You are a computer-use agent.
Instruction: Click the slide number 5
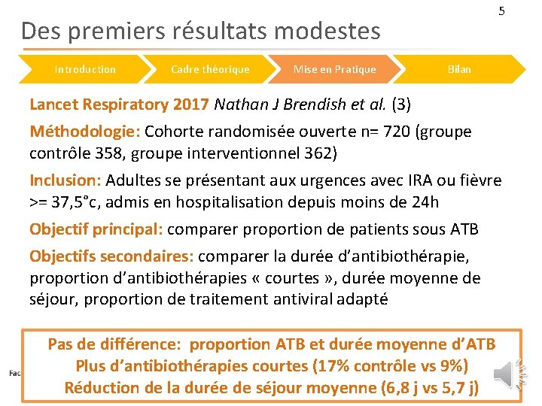coord(501,11)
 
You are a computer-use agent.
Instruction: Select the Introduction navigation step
coord(85,69)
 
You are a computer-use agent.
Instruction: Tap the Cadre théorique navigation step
coord(210,69)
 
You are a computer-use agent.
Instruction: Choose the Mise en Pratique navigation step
coord(334,69)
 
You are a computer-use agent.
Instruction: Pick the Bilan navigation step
coord(459,69)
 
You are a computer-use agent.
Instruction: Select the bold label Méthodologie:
coord(84,132)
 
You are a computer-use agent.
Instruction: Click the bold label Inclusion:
coord(65,180)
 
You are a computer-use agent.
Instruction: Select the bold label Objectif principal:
coord(96,229)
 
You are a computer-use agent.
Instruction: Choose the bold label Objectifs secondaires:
coord(111,256)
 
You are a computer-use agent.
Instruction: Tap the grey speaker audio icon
coord(505,371)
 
